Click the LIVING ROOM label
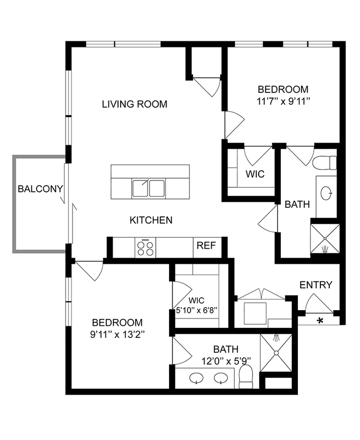[135, 104]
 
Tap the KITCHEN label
[151, 220]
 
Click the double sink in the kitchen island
[149, 188]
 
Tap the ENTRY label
[316, 285]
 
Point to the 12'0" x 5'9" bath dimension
[225, 360]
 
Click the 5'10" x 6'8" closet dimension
[197, 310]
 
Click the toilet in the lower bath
[246, 376]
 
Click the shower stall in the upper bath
[325, 238]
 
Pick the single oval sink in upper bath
[328, 193]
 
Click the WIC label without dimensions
[255, 174]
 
